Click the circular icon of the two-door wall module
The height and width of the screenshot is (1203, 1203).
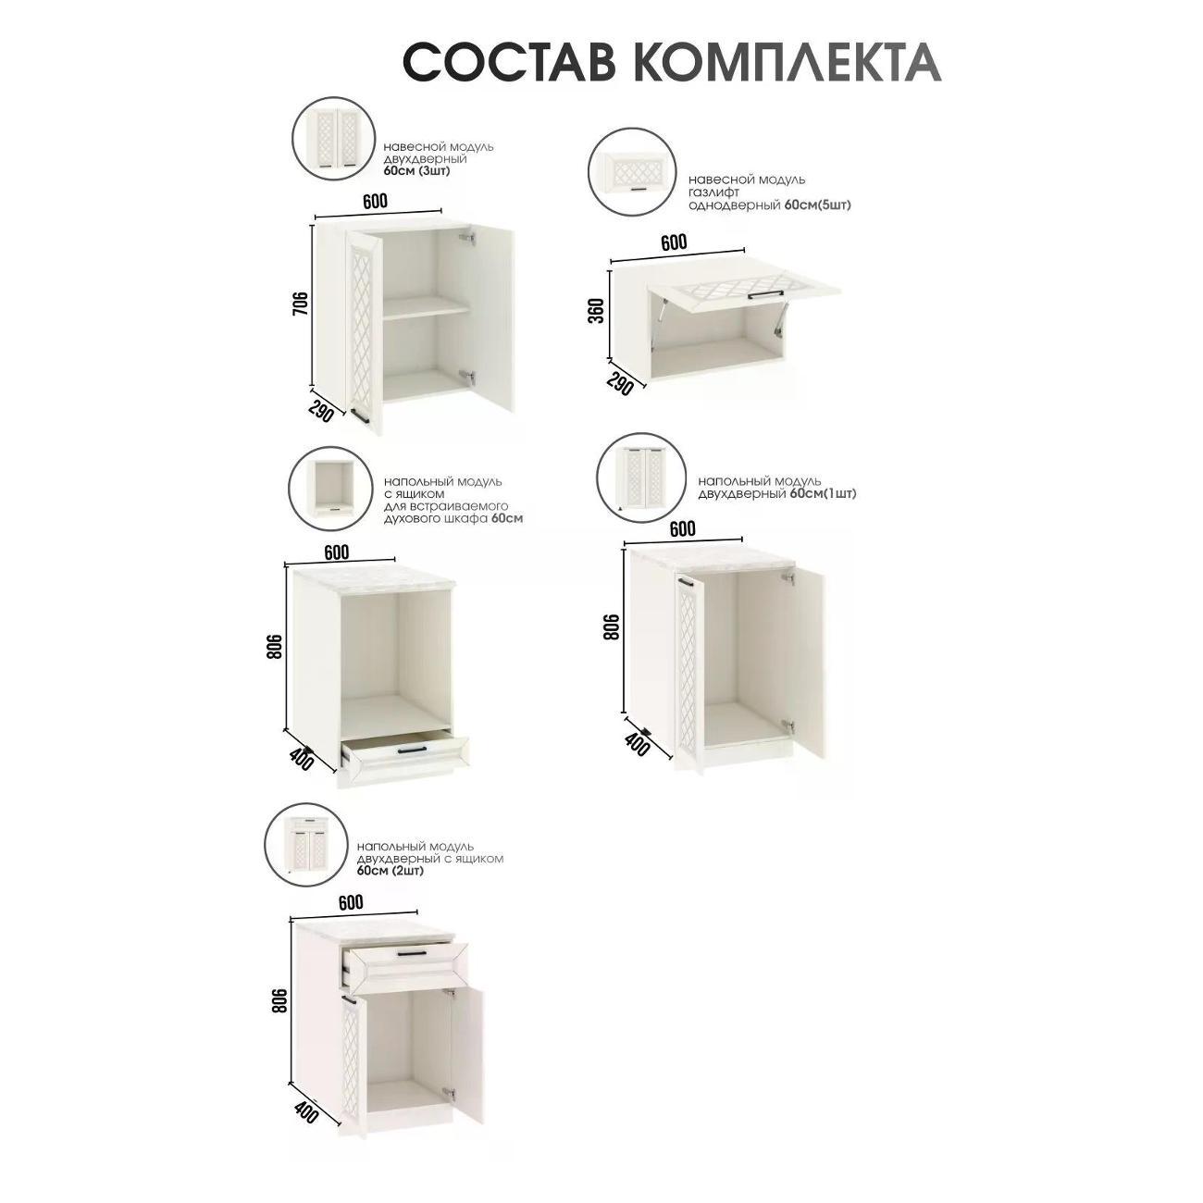(332, 140)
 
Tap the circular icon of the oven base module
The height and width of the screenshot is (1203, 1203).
(329, 488)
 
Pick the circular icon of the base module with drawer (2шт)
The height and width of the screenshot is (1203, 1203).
(304, 843)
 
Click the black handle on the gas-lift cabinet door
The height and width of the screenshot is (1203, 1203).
(765, 295)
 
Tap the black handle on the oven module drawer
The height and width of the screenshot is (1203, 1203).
(411, 749)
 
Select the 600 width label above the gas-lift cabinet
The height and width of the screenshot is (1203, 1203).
(674, 242)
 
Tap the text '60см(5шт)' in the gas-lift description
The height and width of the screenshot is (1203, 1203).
(817, 205)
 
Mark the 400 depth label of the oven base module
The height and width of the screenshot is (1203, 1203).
(302, 759)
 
